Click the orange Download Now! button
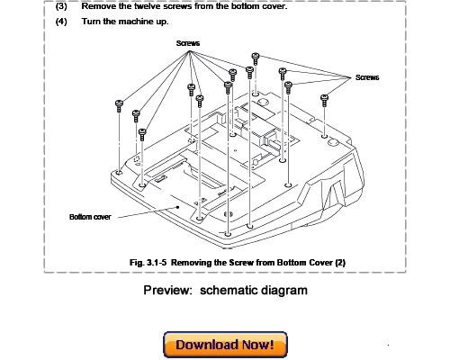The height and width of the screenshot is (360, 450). coord(225,345)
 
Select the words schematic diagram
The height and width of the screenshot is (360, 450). coord(254,291)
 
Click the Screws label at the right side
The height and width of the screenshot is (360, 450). coord(367,77)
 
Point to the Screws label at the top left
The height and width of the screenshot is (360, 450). coord(188,42)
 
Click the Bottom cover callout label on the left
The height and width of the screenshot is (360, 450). coord(90,216)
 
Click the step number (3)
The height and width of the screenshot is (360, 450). coord(61,6)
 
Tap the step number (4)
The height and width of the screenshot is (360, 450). coord(61,22)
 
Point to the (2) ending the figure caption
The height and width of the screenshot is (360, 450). coord(339,262)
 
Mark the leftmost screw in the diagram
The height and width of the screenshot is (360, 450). coord(119,105)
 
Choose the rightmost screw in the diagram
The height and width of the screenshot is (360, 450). coord(325,97)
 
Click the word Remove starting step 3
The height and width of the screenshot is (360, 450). coord(97,6)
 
